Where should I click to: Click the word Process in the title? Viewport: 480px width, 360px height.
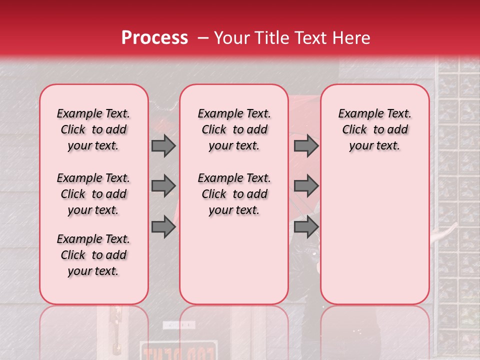pos(154,38)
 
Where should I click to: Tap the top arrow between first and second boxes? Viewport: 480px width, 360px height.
pos(163,145)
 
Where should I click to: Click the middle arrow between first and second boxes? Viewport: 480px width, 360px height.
pos(163,186)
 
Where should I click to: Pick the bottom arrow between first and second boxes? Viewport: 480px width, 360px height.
pos(163,227)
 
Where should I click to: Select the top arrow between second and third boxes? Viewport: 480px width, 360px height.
pos(306,145)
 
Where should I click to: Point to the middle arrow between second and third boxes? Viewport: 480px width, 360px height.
pos(306,186)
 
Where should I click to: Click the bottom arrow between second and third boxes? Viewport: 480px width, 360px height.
pos(306,227)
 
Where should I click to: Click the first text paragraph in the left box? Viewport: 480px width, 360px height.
pos(93,129)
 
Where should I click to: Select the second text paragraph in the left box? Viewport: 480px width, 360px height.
pos(93,194)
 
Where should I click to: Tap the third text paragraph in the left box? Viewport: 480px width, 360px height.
pos(93,255)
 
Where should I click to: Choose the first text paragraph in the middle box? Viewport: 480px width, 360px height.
pos(234,129)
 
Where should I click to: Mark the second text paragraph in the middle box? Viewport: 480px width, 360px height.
pos(234,194)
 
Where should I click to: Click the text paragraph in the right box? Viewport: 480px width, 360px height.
pos(374,129)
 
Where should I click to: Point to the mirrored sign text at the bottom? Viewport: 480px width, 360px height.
pos(178,352)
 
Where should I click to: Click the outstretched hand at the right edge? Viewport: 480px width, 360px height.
pos(447,231)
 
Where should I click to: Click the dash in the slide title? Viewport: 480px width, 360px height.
pos(203,38)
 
